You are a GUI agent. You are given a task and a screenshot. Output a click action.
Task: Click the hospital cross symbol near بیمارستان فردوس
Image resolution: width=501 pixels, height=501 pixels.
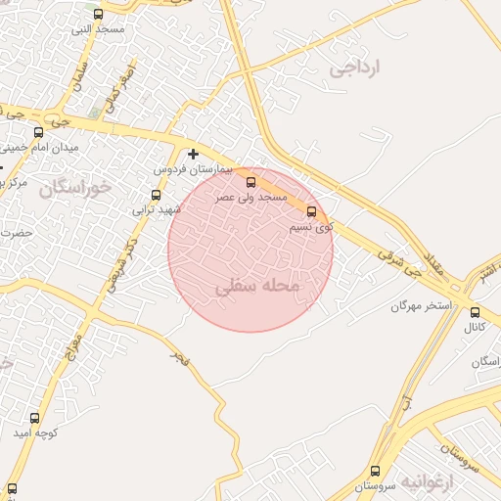[x=193, y=154]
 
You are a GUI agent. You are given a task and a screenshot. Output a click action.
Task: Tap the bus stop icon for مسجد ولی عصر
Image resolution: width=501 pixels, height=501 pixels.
[x=250, y=182]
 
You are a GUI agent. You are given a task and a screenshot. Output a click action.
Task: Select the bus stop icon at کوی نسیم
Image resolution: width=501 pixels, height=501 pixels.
[x=312, y=211]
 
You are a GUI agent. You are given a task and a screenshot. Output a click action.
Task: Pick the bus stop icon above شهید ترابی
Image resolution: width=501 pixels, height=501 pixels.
[x=156, y=196]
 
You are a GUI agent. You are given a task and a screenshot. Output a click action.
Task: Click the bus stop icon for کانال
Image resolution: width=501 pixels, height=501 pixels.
[x=475, y=313]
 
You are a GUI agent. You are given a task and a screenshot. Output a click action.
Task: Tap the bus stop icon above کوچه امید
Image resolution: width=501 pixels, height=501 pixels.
[x=35, y=418]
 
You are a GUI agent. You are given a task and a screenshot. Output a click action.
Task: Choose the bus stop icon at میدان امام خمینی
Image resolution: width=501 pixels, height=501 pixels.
[x=38, y=132]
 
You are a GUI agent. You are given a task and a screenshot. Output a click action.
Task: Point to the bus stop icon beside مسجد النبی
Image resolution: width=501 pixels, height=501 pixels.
[x=98, y=14]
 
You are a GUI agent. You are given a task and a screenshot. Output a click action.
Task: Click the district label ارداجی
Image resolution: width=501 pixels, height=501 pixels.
[x=354, y=68]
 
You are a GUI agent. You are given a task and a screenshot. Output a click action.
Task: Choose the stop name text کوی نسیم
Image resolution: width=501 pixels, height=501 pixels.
[x=311, y=227]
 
